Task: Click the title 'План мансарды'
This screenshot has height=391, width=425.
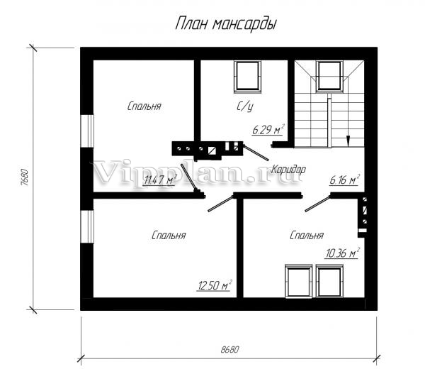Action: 226,24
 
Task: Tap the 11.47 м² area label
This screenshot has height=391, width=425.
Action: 160,180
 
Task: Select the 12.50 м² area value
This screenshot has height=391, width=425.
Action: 215,285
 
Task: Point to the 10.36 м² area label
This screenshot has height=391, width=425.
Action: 342,253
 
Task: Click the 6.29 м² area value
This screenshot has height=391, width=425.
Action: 268,130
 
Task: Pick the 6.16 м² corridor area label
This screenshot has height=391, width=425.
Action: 344,180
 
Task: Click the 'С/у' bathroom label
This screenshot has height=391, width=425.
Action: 245,106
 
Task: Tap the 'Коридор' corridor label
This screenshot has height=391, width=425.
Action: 289,170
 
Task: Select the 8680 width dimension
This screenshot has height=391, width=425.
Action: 229,349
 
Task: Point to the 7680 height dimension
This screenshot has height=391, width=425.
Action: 25,177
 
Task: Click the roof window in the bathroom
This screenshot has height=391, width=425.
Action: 247,75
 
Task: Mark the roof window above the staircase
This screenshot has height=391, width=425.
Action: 329,76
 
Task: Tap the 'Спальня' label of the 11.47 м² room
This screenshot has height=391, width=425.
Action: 144,106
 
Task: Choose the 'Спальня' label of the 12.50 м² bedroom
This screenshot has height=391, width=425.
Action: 169,235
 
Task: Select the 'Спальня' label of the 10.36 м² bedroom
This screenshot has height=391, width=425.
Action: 307,235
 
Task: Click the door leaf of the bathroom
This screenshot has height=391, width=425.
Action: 256,152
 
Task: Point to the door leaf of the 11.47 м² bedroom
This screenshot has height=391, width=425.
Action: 188,177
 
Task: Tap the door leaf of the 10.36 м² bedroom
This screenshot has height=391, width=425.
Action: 317,204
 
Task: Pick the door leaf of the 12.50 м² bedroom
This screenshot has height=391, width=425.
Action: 220,204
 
